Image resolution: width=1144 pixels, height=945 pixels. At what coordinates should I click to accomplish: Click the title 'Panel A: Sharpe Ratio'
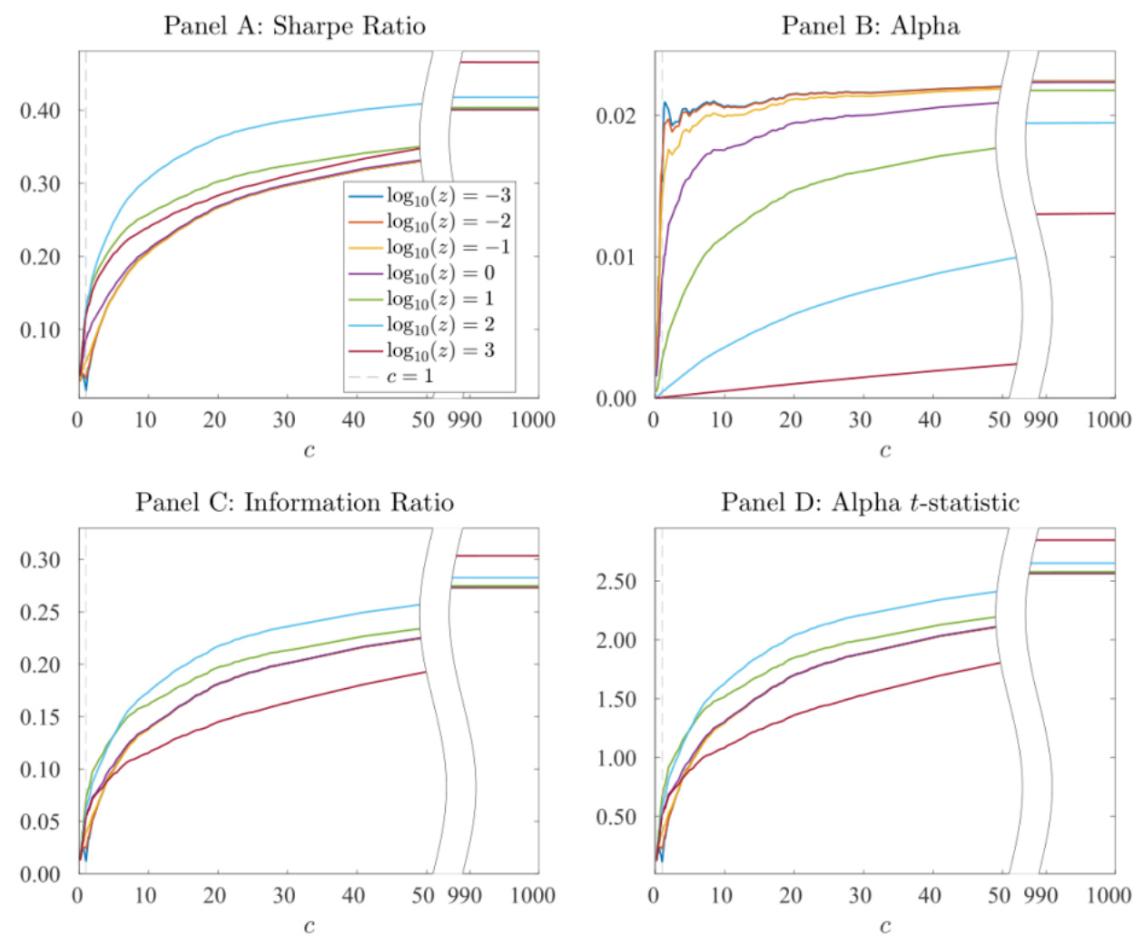pos(294,25)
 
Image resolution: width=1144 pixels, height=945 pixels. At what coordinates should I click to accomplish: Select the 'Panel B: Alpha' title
pos(870,25)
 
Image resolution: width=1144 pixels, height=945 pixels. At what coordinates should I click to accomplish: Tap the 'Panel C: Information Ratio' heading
pos(294,502)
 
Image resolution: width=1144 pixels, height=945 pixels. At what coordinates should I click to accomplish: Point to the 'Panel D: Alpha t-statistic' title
pos(870,502)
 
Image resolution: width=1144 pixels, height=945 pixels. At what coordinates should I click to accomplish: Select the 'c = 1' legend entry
pos(409,376)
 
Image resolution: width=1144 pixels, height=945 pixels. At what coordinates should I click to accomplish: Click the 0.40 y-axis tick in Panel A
pos(40,111)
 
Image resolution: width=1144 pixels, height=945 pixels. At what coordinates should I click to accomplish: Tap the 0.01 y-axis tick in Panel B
pos(616,257)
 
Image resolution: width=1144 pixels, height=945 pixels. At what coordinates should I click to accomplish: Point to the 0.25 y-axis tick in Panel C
pos(40,612)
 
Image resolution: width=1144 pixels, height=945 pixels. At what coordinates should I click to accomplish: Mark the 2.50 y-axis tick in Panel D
pos(616,581)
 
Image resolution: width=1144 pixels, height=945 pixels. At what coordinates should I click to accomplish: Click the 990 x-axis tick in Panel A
pos(464,419)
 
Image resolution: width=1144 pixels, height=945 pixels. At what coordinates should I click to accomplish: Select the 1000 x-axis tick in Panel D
pos(1109,896)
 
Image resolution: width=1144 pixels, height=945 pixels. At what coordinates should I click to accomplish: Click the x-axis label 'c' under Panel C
pos(309,926)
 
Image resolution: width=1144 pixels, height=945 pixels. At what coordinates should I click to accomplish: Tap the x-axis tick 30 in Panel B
pos(860,419)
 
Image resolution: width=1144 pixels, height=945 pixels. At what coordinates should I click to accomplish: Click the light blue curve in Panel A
pos(272,123)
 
